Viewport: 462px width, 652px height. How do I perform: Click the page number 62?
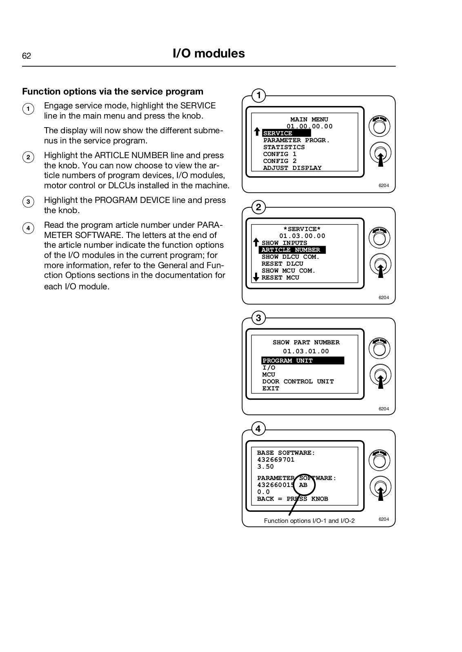coord(27,56)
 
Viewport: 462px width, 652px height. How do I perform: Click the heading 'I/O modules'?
coord(209,53)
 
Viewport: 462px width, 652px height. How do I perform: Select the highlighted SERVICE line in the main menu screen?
coord(286,133)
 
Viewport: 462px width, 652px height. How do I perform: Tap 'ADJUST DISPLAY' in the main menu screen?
coord(292,168)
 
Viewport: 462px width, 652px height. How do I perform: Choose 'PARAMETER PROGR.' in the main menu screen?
coord(296,140)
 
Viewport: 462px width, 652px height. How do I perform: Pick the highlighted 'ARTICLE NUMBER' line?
coord(291,250)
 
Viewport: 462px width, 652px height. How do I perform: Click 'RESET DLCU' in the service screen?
coord(282,264)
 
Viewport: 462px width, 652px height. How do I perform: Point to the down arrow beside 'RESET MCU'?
coord(256,277)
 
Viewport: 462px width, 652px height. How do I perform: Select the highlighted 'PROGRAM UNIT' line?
coord(302,361)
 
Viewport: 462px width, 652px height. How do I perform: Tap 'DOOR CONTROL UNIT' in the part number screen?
coord(298,381)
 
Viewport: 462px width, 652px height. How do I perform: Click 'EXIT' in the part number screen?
coord(271,388)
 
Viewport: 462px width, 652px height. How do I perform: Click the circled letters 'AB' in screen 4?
coord(303,485)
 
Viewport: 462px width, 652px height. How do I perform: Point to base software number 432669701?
coord(275,460)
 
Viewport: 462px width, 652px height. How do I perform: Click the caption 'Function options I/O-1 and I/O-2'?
coord(309,521)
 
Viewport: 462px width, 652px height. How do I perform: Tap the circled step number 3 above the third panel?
coord(258,318)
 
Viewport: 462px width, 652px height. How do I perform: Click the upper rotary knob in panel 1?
coord(380,126)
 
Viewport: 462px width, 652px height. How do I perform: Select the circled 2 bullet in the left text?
coord(28,157)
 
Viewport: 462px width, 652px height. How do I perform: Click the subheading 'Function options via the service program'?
coord(113,91)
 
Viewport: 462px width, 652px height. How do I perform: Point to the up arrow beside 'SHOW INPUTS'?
coord(256,242)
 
